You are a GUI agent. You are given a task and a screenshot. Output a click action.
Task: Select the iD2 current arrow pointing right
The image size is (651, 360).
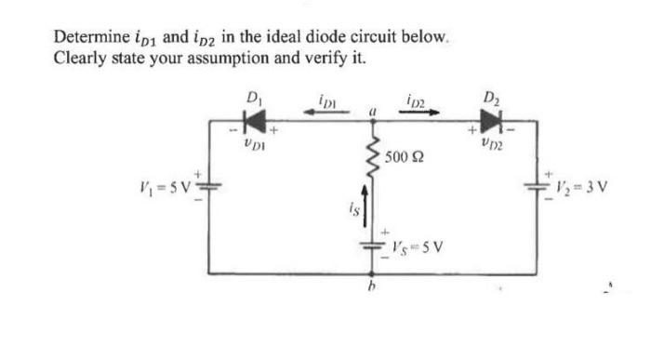tap(420, 111)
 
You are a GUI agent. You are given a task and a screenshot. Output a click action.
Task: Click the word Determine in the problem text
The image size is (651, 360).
tap(87, 38)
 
